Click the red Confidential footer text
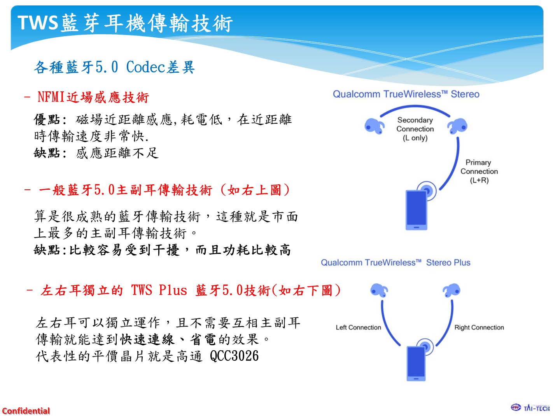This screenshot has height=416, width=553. pos(26,411)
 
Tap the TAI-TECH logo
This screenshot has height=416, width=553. pos(530,408)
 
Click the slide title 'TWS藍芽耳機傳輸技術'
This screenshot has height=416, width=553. pos(125,23)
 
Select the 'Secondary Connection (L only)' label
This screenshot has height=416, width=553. pos(415,129)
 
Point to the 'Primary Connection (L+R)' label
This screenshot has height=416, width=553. pos(479,171)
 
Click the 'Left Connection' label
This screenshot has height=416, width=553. pos(358,327)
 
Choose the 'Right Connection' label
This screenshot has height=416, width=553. pos(479,327)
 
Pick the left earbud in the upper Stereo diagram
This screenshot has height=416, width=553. pos(374,126)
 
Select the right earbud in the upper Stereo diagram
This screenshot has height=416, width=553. pos(457,126)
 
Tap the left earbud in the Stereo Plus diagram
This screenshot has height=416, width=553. pos(379,290)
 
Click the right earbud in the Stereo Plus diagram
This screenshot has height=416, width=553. pos(451,290)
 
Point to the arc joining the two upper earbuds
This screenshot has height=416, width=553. pos(415,106)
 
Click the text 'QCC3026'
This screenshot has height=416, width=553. pos(234,356)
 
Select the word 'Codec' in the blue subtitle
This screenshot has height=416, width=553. pos(145,67)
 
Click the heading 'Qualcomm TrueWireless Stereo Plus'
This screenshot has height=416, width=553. pos(395,262)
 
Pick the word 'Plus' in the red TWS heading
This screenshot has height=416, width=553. pos(173,290)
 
